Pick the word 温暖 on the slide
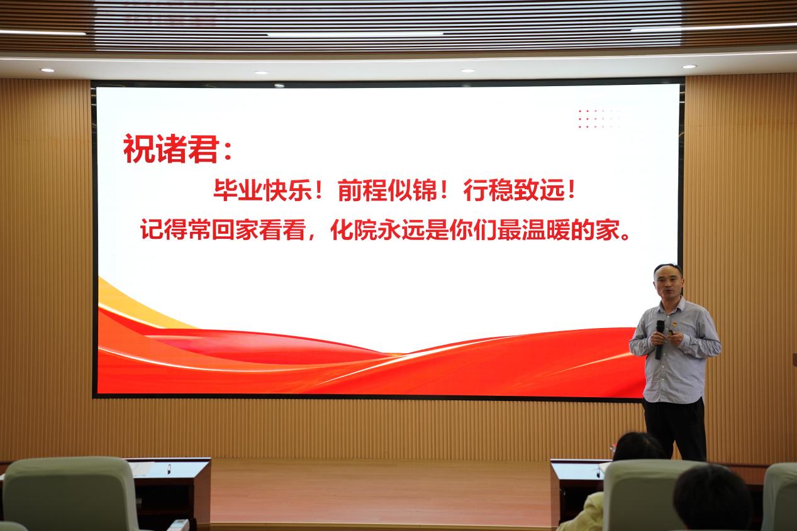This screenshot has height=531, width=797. click(546, 230)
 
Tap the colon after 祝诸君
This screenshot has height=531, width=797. click(228, 151)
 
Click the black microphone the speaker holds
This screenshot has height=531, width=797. click(659, 339)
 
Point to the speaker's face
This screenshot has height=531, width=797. click(668, 285)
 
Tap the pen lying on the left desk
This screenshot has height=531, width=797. click(169, 469)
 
